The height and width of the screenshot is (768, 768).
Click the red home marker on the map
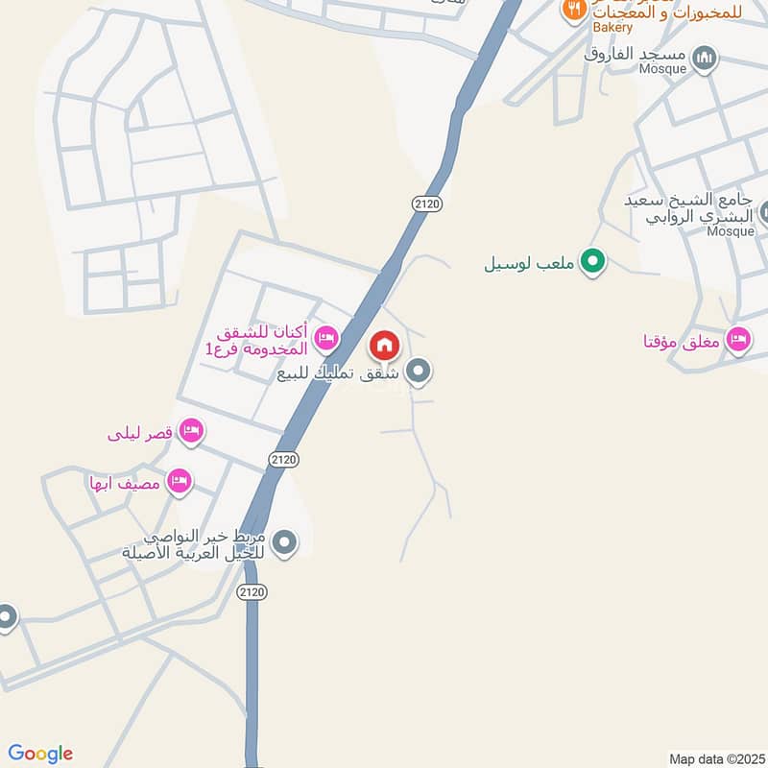click(384, 346)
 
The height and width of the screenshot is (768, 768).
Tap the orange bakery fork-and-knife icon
click(574, 9)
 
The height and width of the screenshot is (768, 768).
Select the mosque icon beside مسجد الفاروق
click(706, 58)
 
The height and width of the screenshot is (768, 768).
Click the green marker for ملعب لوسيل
click(592, 260)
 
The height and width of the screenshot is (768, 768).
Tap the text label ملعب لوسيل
click(530, 260)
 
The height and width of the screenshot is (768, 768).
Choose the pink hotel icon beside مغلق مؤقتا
click(737, 339)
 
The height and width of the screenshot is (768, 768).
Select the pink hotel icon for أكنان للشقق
click(325, 337)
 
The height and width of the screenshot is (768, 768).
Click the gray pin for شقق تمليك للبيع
click(418, 371)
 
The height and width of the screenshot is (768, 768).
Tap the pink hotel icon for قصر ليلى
click(191, 430)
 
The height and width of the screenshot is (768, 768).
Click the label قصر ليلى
click(140, 434)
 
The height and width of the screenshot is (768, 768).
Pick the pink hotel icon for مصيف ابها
click(179, 481)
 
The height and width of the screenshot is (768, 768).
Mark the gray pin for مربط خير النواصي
click(283, 544)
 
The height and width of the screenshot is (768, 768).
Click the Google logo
click(40, 754)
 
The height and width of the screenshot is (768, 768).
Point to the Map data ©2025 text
click(715, 758)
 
